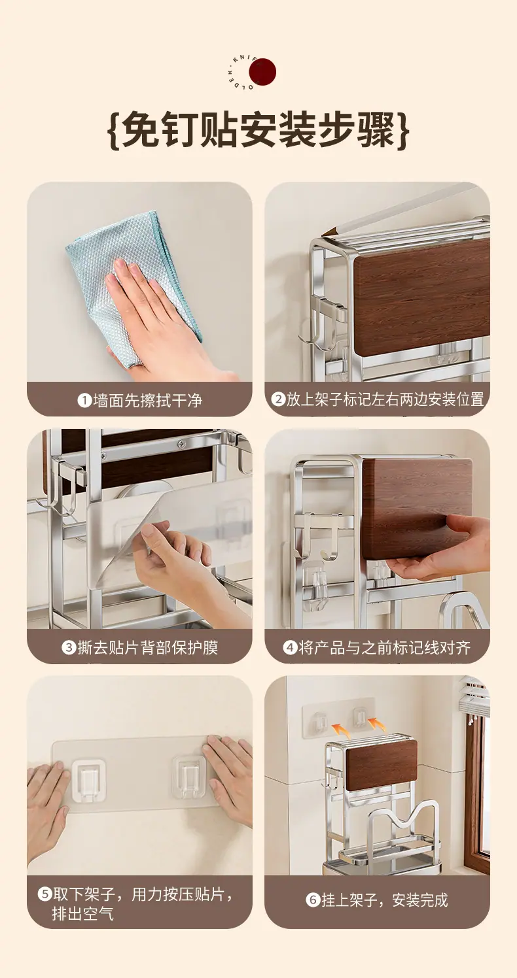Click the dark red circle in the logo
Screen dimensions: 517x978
point(262,72)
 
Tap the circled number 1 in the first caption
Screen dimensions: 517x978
point(84,400)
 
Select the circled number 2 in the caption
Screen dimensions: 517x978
point(278,399)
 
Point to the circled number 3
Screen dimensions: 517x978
point(69,647)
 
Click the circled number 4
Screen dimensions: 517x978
point(290,647)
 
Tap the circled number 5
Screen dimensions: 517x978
point(45,894)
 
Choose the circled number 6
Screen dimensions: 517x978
point(313,900)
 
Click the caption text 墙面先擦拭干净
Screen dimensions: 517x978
point(147,400)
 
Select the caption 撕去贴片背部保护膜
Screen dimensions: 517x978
point(147,647)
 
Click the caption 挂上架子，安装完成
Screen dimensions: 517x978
point(385,900)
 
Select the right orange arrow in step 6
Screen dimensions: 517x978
point(377,724)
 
